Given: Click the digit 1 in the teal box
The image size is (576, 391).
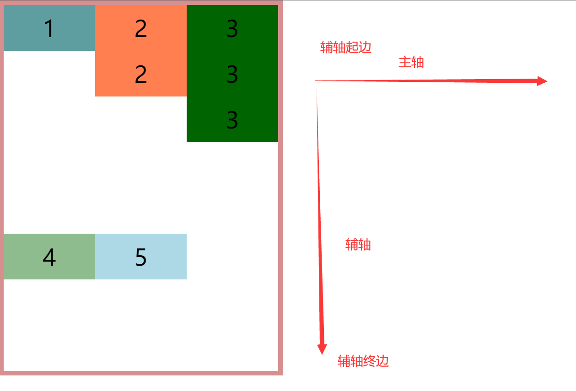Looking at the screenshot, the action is point(49,29).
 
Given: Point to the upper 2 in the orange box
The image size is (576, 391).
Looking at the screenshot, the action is point(141,29).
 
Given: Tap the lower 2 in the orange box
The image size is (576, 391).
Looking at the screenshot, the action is point(141,74).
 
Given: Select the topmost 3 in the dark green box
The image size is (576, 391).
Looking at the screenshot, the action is point(232,29).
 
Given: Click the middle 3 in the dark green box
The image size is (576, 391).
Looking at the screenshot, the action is point(232,74).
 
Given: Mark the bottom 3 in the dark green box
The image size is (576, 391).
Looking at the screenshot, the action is point(232,120).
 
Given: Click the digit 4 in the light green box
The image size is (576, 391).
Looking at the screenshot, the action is point(49,257).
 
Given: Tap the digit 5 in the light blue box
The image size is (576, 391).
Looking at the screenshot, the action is point(141,257).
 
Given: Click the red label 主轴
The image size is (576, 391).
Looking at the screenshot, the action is point(411,62).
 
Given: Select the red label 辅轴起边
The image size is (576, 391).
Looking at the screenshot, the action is point(345,48).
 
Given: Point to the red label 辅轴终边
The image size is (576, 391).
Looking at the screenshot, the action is point(363,361).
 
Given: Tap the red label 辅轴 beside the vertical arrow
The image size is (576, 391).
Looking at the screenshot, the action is point(358,245).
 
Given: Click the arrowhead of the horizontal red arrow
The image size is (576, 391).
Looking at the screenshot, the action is point(543,81).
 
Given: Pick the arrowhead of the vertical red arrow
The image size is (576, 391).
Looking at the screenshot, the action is point(322,349).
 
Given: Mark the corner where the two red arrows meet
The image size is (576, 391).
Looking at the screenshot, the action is point(316,81).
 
